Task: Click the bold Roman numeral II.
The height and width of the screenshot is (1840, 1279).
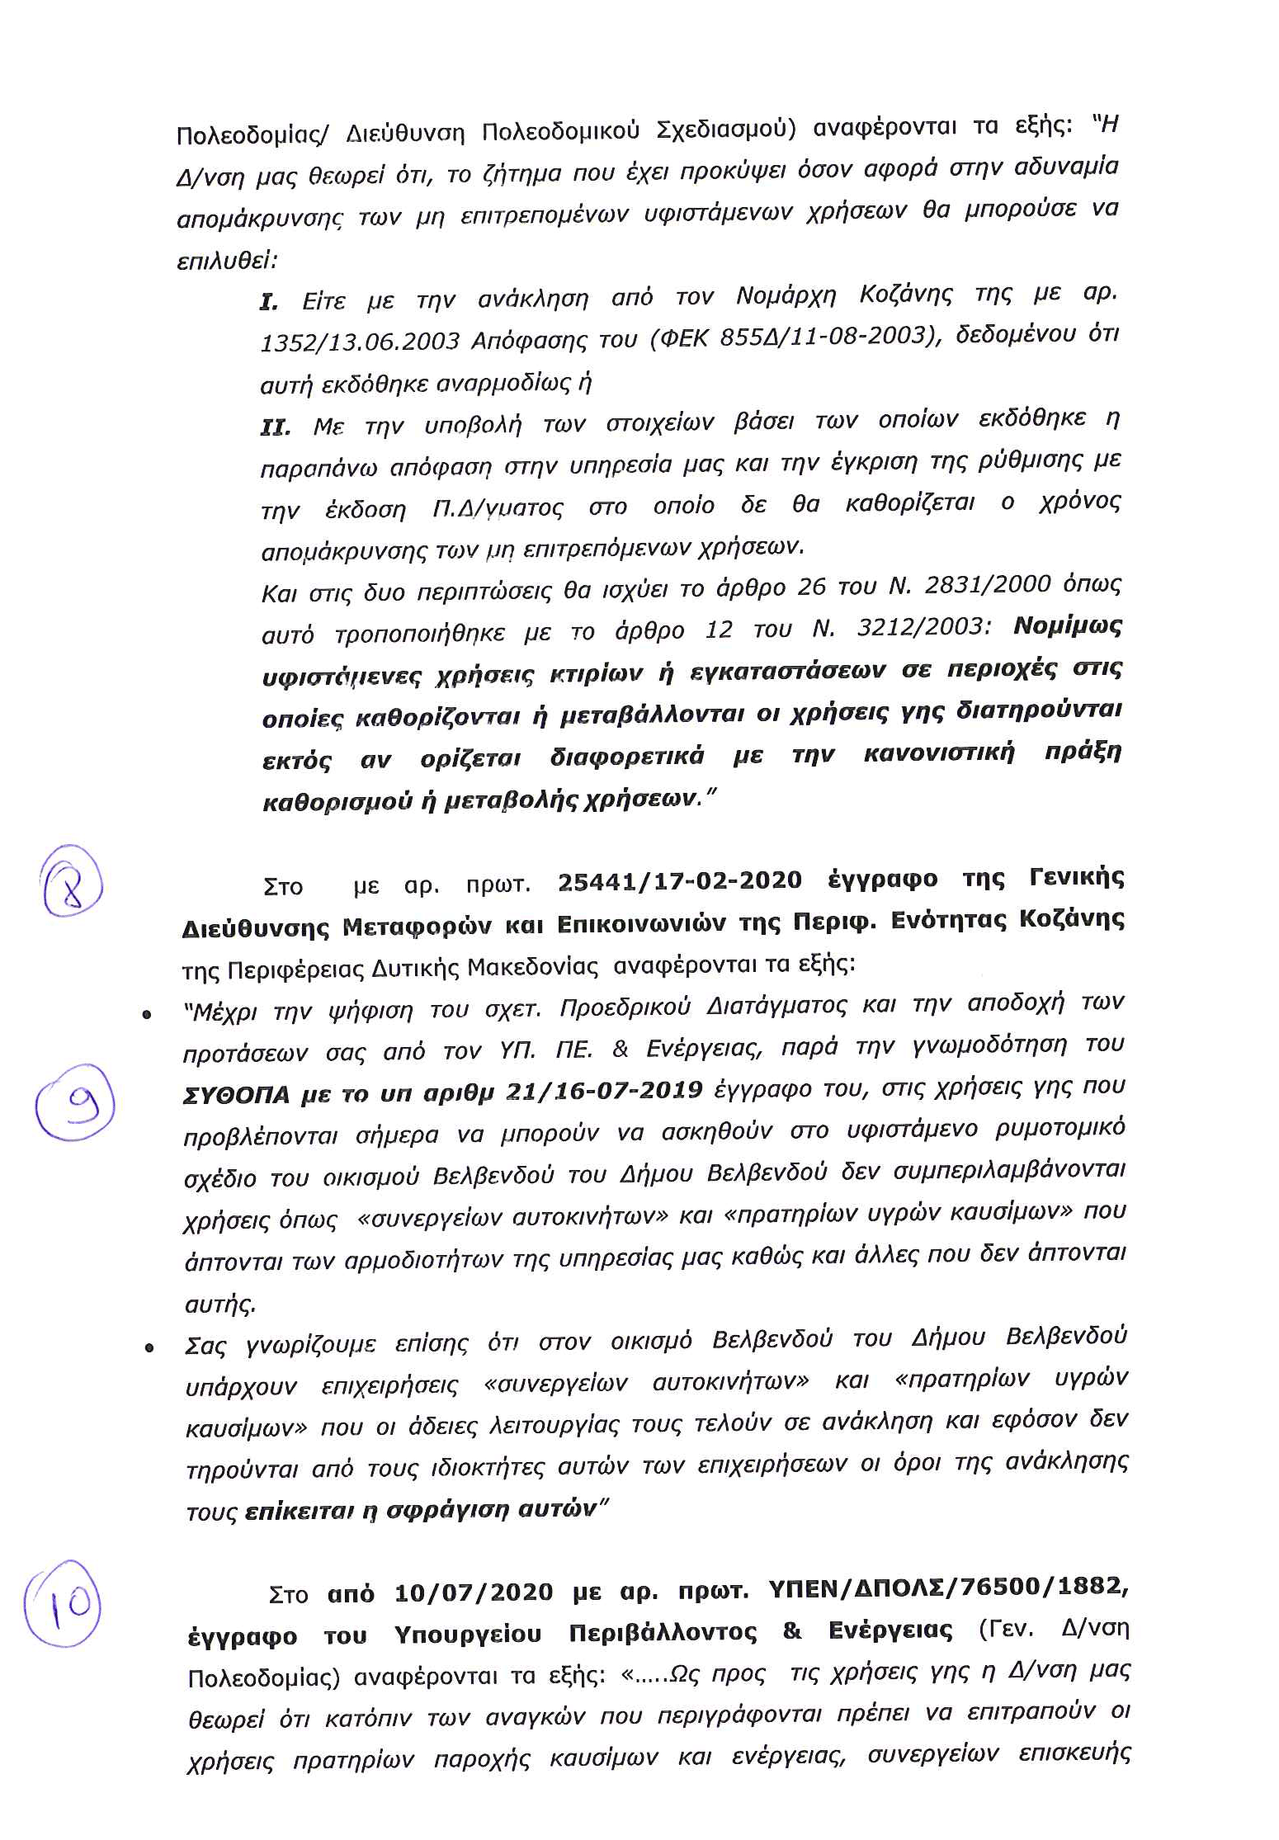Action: click(276, 427)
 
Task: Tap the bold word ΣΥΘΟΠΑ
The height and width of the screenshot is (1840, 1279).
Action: click(236, 1095)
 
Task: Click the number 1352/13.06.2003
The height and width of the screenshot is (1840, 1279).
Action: click(359, 341)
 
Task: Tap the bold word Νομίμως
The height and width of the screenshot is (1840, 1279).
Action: click(1068, 626)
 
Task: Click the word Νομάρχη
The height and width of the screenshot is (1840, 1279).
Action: click(786, 295)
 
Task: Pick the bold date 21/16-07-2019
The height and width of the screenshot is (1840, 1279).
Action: click(604, 1091)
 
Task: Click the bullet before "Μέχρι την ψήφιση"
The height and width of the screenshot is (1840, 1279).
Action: click(147, 1015)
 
